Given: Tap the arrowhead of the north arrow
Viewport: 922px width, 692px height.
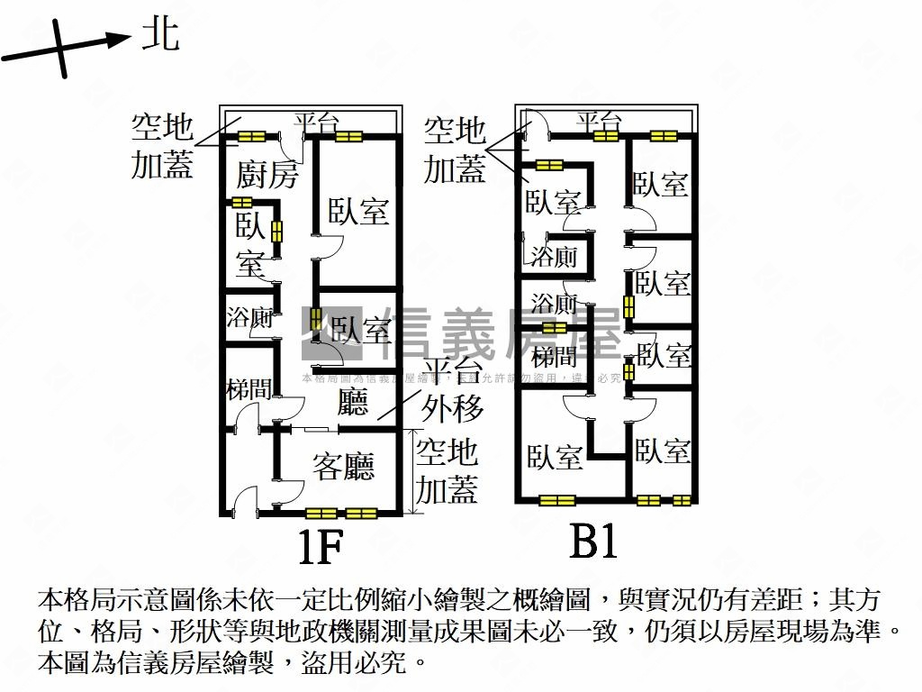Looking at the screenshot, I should point(119,39).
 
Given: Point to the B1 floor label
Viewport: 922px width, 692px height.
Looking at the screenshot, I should point(593,542).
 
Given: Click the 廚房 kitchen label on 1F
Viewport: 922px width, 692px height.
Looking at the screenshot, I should point(267,174).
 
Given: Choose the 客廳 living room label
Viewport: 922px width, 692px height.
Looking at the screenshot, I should point(343,467).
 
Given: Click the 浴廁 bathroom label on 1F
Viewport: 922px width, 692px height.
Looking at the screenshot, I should point(249,317).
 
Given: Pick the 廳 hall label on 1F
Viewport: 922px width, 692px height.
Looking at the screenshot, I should point(353,402).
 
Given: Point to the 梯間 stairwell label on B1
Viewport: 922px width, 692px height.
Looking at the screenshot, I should point(554,355).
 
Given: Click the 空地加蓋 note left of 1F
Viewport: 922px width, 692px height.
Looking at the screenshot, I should point(163,146).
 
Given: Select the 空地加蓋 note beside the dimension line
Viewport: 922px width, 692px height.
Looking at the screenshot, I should point(447,470).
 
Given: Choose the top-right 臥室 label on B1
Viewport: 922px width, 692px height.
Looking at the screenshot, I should point(662,184).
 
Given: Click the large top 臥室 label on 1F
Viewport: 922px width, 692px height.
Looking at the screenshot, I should point(358,212).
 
